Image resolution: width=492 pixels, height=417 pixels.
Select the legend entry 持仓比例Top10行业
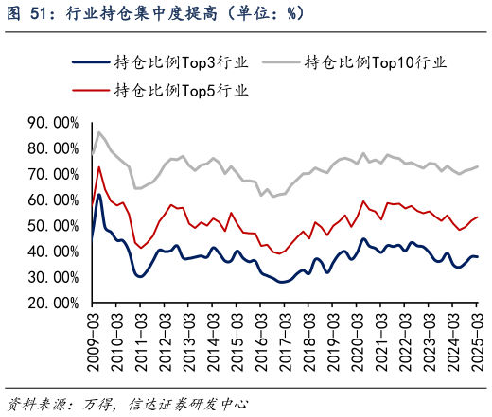[x=375, y=63]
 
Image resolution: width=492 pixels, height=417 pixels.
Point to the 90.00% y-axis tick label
[x=53, y=123]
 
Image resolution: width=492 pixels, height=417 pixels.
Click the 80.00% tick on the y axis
[x=53, y=148]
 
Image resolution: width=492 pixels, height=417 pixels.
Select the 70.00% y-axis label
[x=53, y=175]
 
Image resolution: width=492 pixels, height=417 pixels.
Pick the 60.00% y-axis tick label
[x=53, y=200]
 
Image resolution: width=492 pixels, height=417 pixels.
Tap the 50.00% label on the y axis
[x=53, y=226]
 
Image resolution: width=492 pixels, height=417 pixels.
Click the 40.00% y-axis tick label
[x=53, y=252]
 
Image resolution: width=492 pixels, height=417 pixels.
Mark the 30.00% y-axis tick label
[x=53, y=278]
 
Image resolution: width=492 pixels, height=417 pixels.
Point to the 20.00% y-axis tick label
[x=53, y=304]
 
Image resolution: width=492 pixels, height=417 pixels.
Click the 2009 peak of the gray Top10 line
[x=99, y=132]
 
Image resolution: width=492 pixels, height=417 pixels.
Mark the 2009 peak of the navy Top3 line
[x=99, y=195]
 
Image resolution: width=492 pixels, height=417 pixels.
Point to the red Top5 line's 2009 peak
[x=99, y=167]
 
